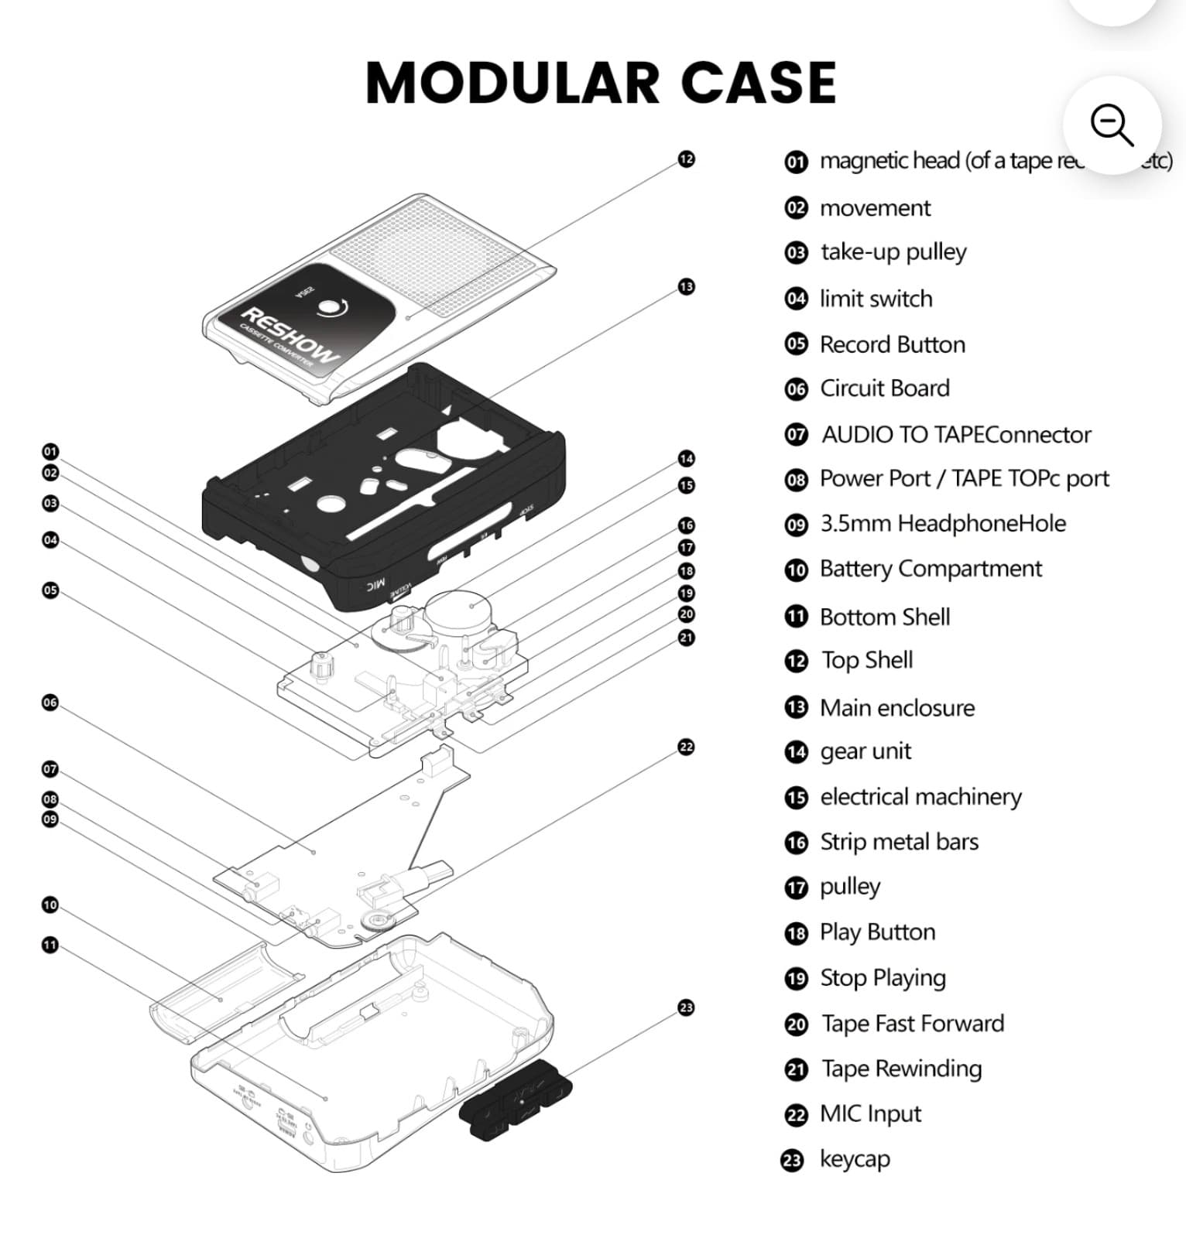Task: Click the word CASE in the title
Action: pyautogui.click(x=759, y=83)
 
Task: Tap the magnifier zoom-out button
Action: pyautogui.click(x=1112, y=125)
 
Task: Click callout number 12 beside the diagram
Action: pyautogui.click(x=687, y=159)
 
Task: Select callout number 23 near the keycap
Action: pyautogui.click(x=686, y=1007)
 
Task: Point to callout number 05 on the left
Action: pyautogui.click(x=50, y=590)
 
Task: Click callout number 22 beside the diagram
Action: pyautogui.click(x=686, y=747)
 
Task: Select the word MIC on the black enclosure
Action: pyautogui.click(x=375, y=585)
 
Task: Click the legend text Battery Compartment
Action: pyautogui.click(x=931, y=569)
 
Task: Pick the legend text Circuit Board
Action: pyautogui.click(x=884, y=388)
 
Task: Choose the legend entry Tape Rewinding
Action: pyautogui.click(x=901, y=1069)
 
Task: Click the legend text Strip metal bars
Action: pyautogui.click(x=899, y=842)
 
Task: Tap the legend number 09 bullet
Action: pyautogui.click(x=796, y=525)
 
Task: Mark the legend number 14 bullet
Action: pyautogui.click(x=796, y=752)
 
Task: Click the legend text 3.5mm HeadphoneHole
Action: pyautogui.click(x=943, y=524)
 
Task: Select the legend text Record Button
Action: pyautogui.click(x=892, y=344)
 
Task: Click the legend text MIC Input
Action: pyautogui.click(x=870, y=1114)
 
